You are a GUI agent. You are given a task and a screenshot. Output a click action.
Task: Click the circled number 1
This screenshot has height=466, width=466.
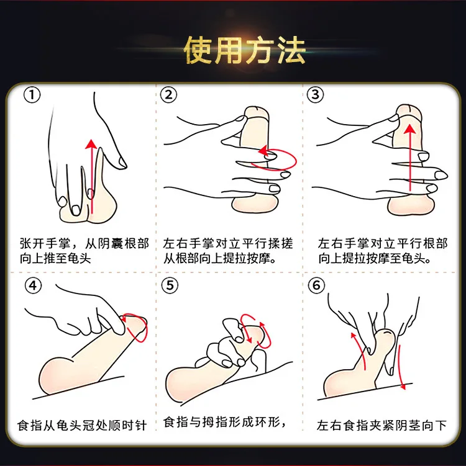[x=32, y=95]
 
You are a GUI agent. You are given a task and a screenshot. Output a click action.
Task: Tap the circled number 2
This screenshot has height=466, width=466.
[x=168, y=95]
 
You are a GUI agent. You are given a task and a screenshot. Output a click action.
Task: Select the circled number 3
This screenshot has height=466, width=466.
[x=315, y=95]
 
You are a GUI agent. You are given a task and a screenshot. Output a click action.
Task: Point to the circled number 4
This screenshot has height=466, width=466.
[x=33, y=285]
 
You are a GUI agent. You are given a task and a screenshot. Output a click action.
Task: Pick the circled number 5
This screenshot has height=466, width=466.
[x=170, y=285]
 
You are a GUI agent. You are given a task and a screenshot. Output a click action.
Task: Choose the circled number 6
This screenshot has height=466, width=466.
[x=316, y=285]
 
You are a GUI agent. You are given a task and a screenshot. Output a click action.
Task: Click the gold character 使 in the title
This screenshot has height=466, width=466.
[x=199, y=50]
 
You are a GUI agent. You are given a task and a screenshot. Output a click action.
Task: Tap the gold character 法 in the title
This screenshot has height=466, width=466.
[x=291, y=50]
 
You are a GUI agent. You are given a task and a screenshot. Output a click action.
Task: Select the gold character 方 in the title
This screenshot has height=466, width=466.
[x=261, y=50]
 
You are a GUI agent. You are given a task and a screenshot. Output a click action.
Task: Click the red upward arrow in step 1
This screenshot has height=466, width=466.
[x=92, y=176]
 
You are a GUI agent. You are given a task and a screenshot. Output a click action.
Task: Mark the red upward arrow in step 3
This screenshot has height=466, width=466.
[x=410, y=158]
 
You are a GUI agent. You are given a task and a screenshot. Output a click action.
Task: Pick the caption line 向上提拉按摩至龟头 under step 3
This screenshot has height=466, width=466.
[x=374, y=259]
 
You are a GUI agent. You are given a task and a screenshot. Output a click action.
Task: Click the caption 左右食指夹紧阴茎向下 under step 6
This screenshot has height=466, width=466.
[x=381, y=425]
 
